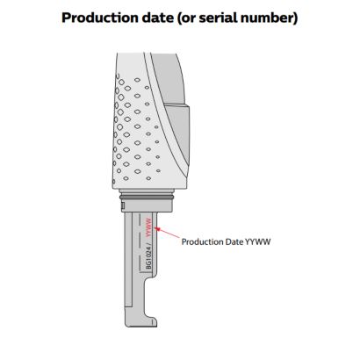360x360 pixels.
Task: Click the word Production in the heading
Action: click(x=100, y=18)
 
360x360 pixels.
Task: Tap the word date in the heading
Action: click(x=158, y=18)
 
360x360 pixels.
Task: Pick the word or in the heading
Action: click(x=189, y=18)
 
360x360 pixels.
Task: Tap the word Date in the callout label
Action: click(x=234, y=242)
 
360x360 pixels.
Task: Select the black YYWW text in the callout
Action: click(x=258, y=242)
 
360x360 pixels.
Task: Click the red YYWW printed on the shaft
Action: click(x=148, y=227)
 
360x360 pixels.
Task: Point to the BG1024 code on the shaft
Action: click(x=149, y=258)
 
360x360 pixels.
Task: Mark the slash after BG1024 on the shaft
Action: click(x=148, y=241)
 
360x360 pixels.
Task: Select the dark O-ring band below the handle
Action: click(x=147, y=198)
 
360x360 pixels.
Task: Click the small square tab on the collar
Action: click(x=123, y=206)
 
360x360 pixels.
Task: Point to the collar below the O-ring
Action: click(x=148, y=205)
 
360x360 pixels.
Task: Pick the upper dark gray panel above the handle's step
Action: click(x=168, y=79)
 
